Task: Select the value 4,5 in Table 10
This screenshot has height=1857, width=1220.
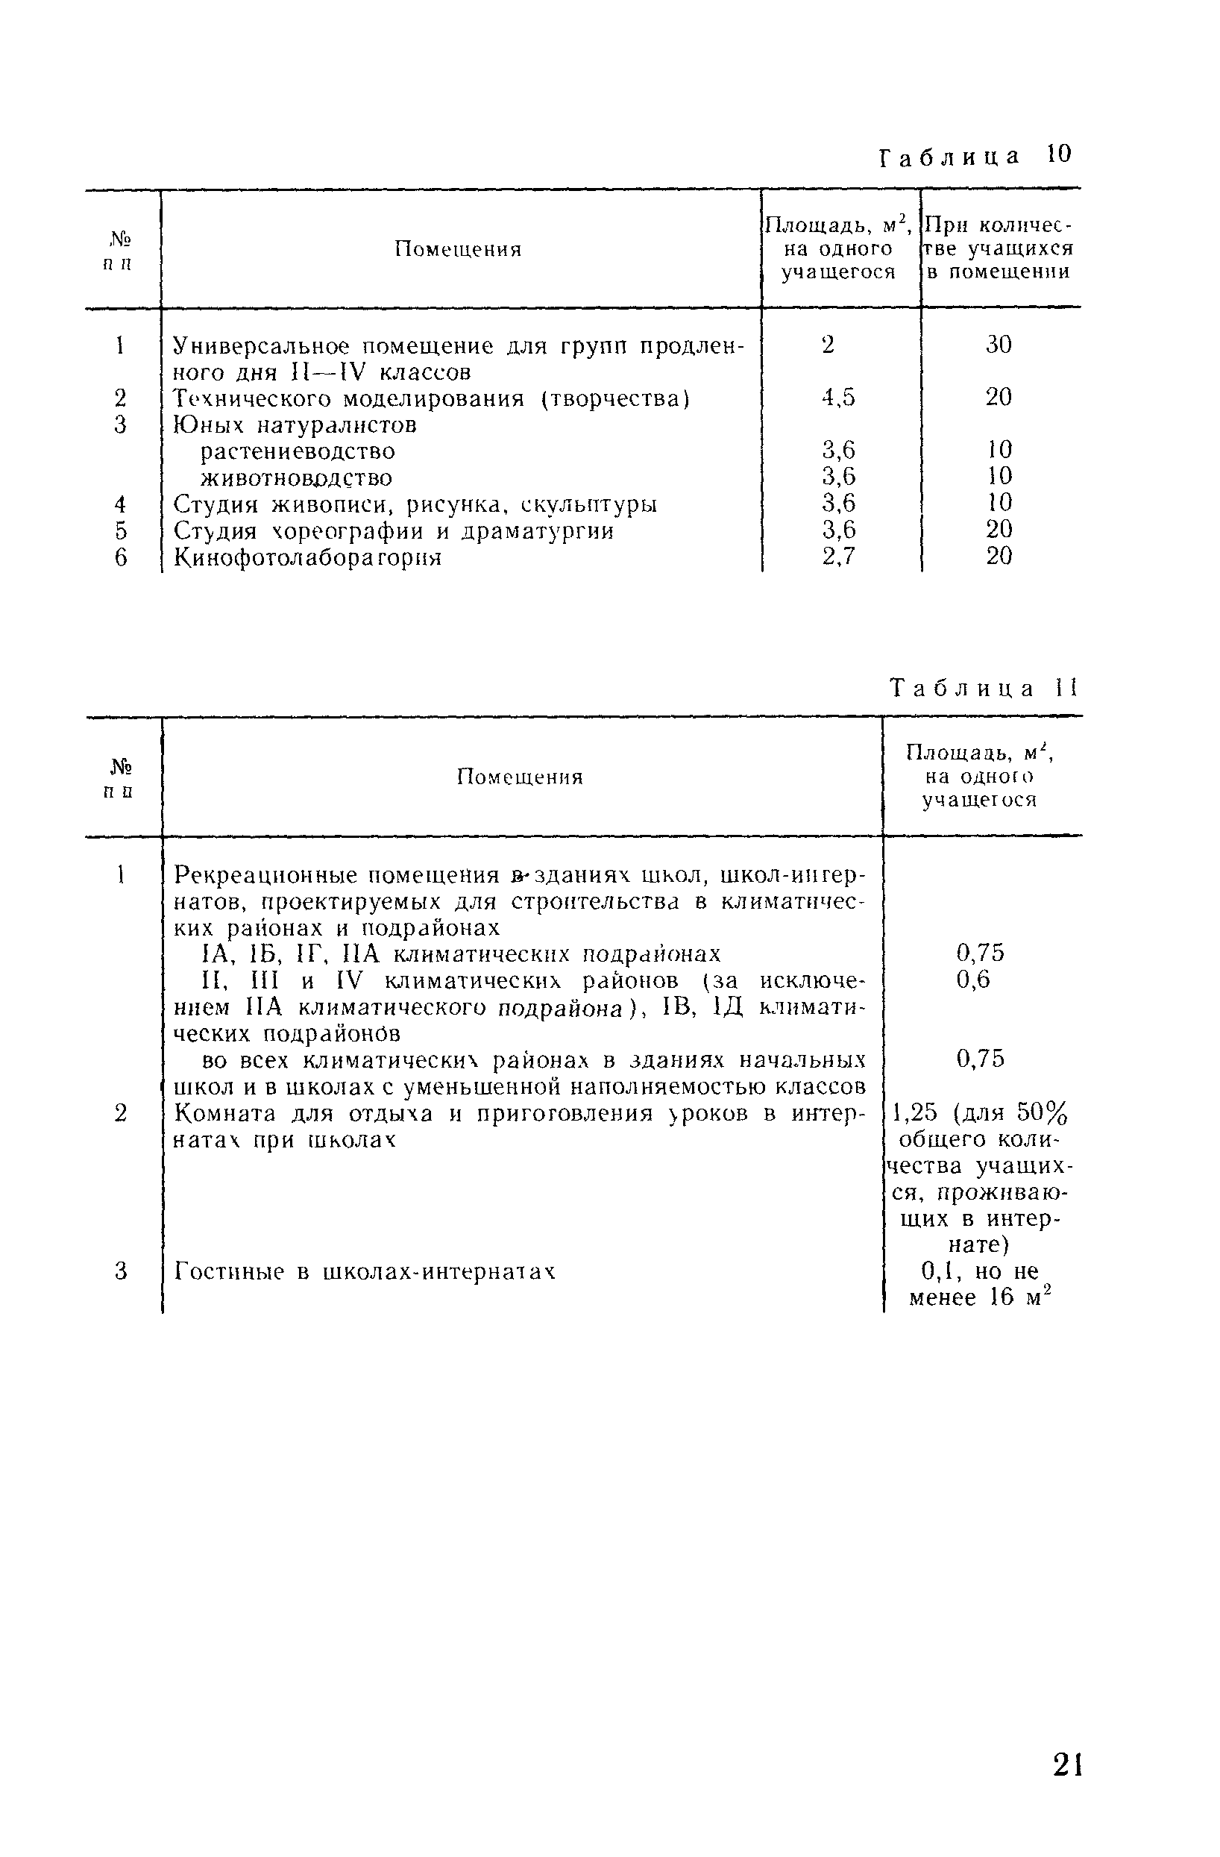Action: coord(838,398)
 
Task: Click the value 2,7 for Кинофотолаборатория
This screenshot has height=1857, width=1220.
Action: coord(838,557)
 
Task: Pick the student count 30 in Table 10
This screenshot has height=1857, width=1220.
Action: coord(999,345)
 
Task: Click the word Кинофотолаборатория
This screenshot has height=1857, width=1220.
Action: coord(307,558)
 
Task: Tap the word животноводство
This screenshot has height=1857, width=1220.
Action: coord(296,477)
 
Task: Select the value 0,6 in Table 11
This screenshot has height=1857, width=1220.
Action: coord(973,979)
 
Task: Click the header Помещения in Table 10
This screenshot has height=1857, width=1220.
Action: coord(457,250)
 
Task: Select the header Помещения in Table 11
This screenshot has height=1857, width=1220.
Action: coord(520,777)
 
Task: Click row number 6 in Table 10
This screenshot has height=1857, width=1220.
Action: coord(121,558)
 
